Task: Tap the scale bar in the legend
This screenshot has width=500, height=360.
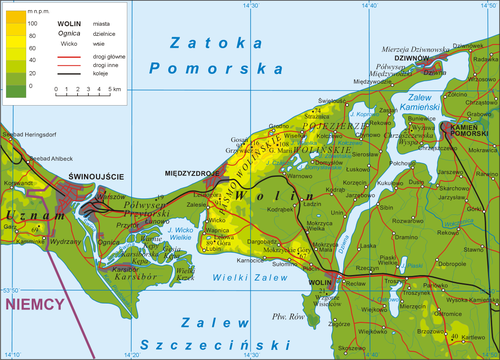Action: pos(88,89)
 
